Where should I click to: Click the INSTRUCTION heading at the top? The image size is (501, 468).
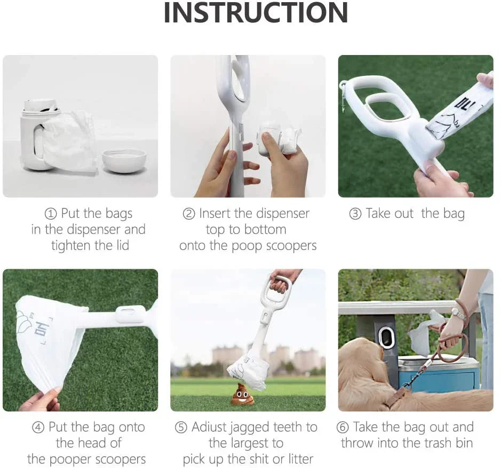tap(256, 13)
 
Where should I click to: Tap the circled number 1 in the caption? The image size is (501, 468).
tap(51, 214)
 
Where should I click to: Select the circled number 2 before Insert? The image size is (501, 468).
tap(188, 214)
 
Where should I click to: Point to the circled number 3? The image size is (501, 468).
tap(355, 214)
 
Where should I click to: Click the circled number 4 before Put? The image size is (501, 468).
tap(38, 427)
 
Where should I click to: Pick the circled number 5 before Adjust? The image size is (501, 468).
tap(181, 427)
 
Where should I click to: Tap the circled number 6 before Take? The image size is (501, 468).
tap(343, 427)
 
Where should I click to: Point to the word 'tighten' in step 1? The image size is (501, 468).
tap(71, 246)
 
